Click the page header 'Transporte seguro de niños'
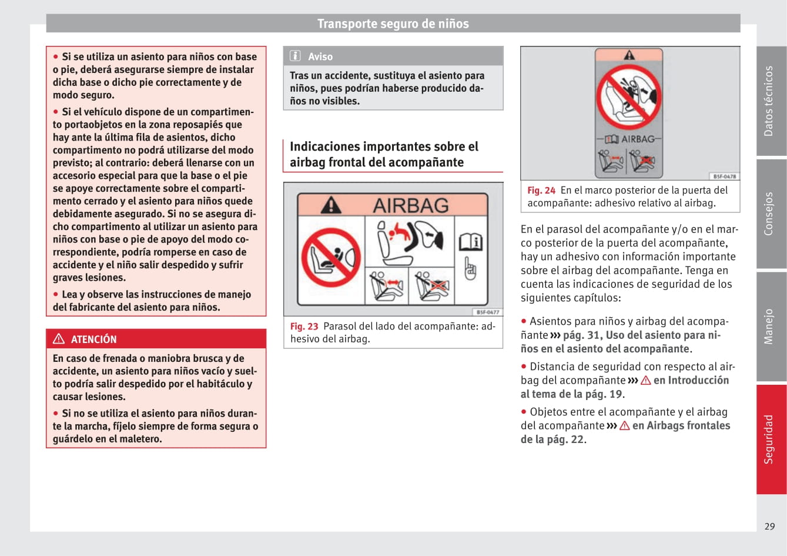pos(393,24)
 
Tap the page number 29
pos(769,527)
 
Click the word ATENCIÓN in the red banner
pos(94,339)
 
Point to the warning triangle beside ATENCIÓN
pos(59,339)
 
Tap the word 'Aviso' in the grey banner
pos(320,56)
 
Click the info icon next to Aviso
pos(296,56)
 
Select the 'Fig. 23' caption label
pos(304,327)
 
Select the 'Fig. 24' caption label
pos(541,191)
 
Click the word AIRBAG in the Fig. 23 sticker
pos(411,205)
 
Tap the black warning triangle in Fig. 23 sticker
pos(331,205)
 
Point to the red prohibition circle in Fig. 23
pos(331,257)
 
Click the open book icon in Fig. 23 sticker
pos(471,242)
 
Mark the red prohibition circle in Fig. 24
pos(629,96)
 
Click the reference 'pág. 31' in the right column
pos(582,335)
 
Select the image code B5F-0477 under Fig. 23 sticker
pos(488,312)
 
